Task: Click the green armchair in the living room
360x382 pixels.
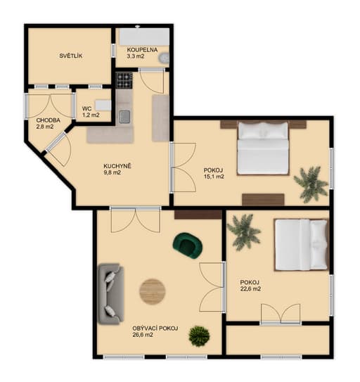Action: [x=187, y=246]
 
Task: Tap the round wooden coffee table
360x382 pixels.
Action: [x=153, y=292]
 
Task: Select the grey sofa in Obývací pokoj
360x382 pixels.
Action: [x=111, y=294]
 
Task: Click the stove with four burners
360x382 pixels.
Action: [x=124, y=80]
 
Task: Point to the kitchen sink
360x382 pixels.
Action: [x=124, y=117]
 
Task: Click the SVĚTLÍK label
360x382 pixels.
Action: [x=71, y=56]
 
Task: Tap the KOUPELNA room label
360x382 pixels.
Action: [x=142, y=50]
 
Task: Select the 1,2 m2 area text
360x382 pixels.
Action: [x=91, y=115]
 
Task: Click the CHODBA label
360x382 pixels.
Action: [x=49, y=120]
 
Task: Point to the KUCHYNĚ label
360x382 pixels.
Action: [x=117, y=166]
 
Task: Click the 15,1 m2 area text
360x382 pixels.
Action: [x=214, y=177]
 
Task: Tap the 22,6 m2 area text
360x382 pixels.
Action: [x=250, y=289]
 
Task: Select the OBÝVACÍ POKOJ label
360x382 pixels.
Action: [x=155, y=329]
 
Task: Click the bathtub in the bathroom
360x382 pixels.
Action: [x=144, y=37]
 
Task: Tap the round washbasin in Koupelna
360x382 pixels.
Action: [x=164, y=58]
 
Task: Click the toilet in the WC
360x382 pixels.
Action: [x=103, y=106]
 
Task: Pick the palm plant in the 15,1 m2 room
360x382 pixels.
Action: [x=311, y=184]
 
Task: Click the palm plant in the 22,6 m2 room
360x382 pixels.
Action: [x=243, y=232]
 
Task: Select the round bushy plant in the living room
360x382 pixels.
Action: [x=199, y=336]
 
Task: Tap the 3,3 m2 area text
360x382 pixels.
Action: [x=136, y=56]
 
